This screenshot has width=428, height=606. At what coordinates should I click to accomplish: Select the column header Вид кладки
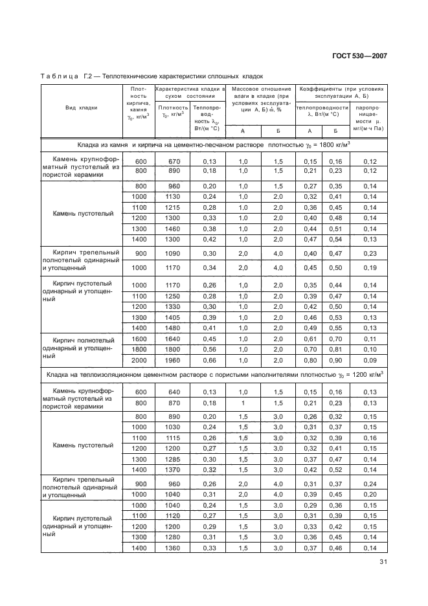pos(81,108)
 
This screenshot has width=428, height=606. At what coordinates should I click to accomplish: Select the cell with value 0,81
pos(335,349)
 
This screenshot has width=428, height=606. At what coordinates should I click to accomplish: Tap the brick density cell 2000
pos(139,359)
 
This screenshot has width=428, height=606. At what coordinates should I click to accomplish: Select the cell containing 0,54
pos(335,239)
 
